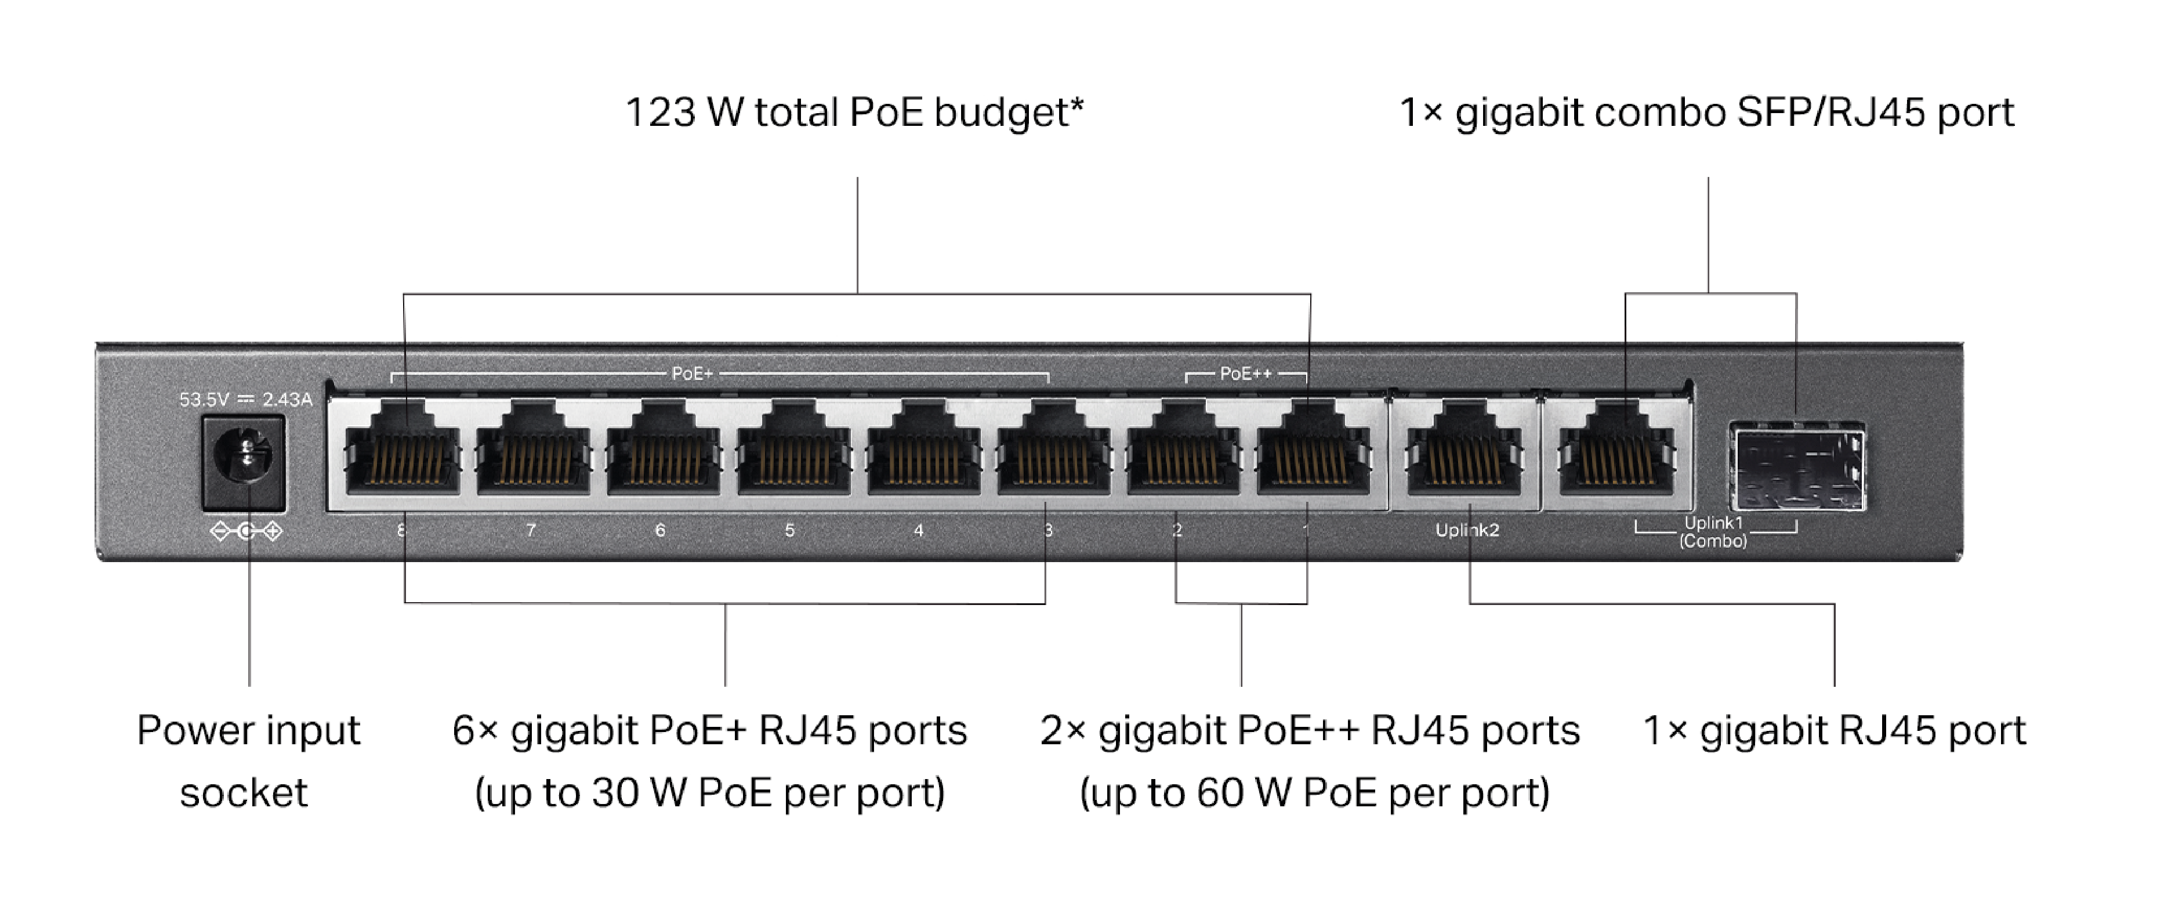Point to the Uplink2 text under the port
click(1467, 531)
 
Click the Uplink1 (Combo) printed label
click(1713, 532)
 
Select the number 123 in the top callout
click(659, 113)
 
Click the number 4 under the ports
click(919, 531)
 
